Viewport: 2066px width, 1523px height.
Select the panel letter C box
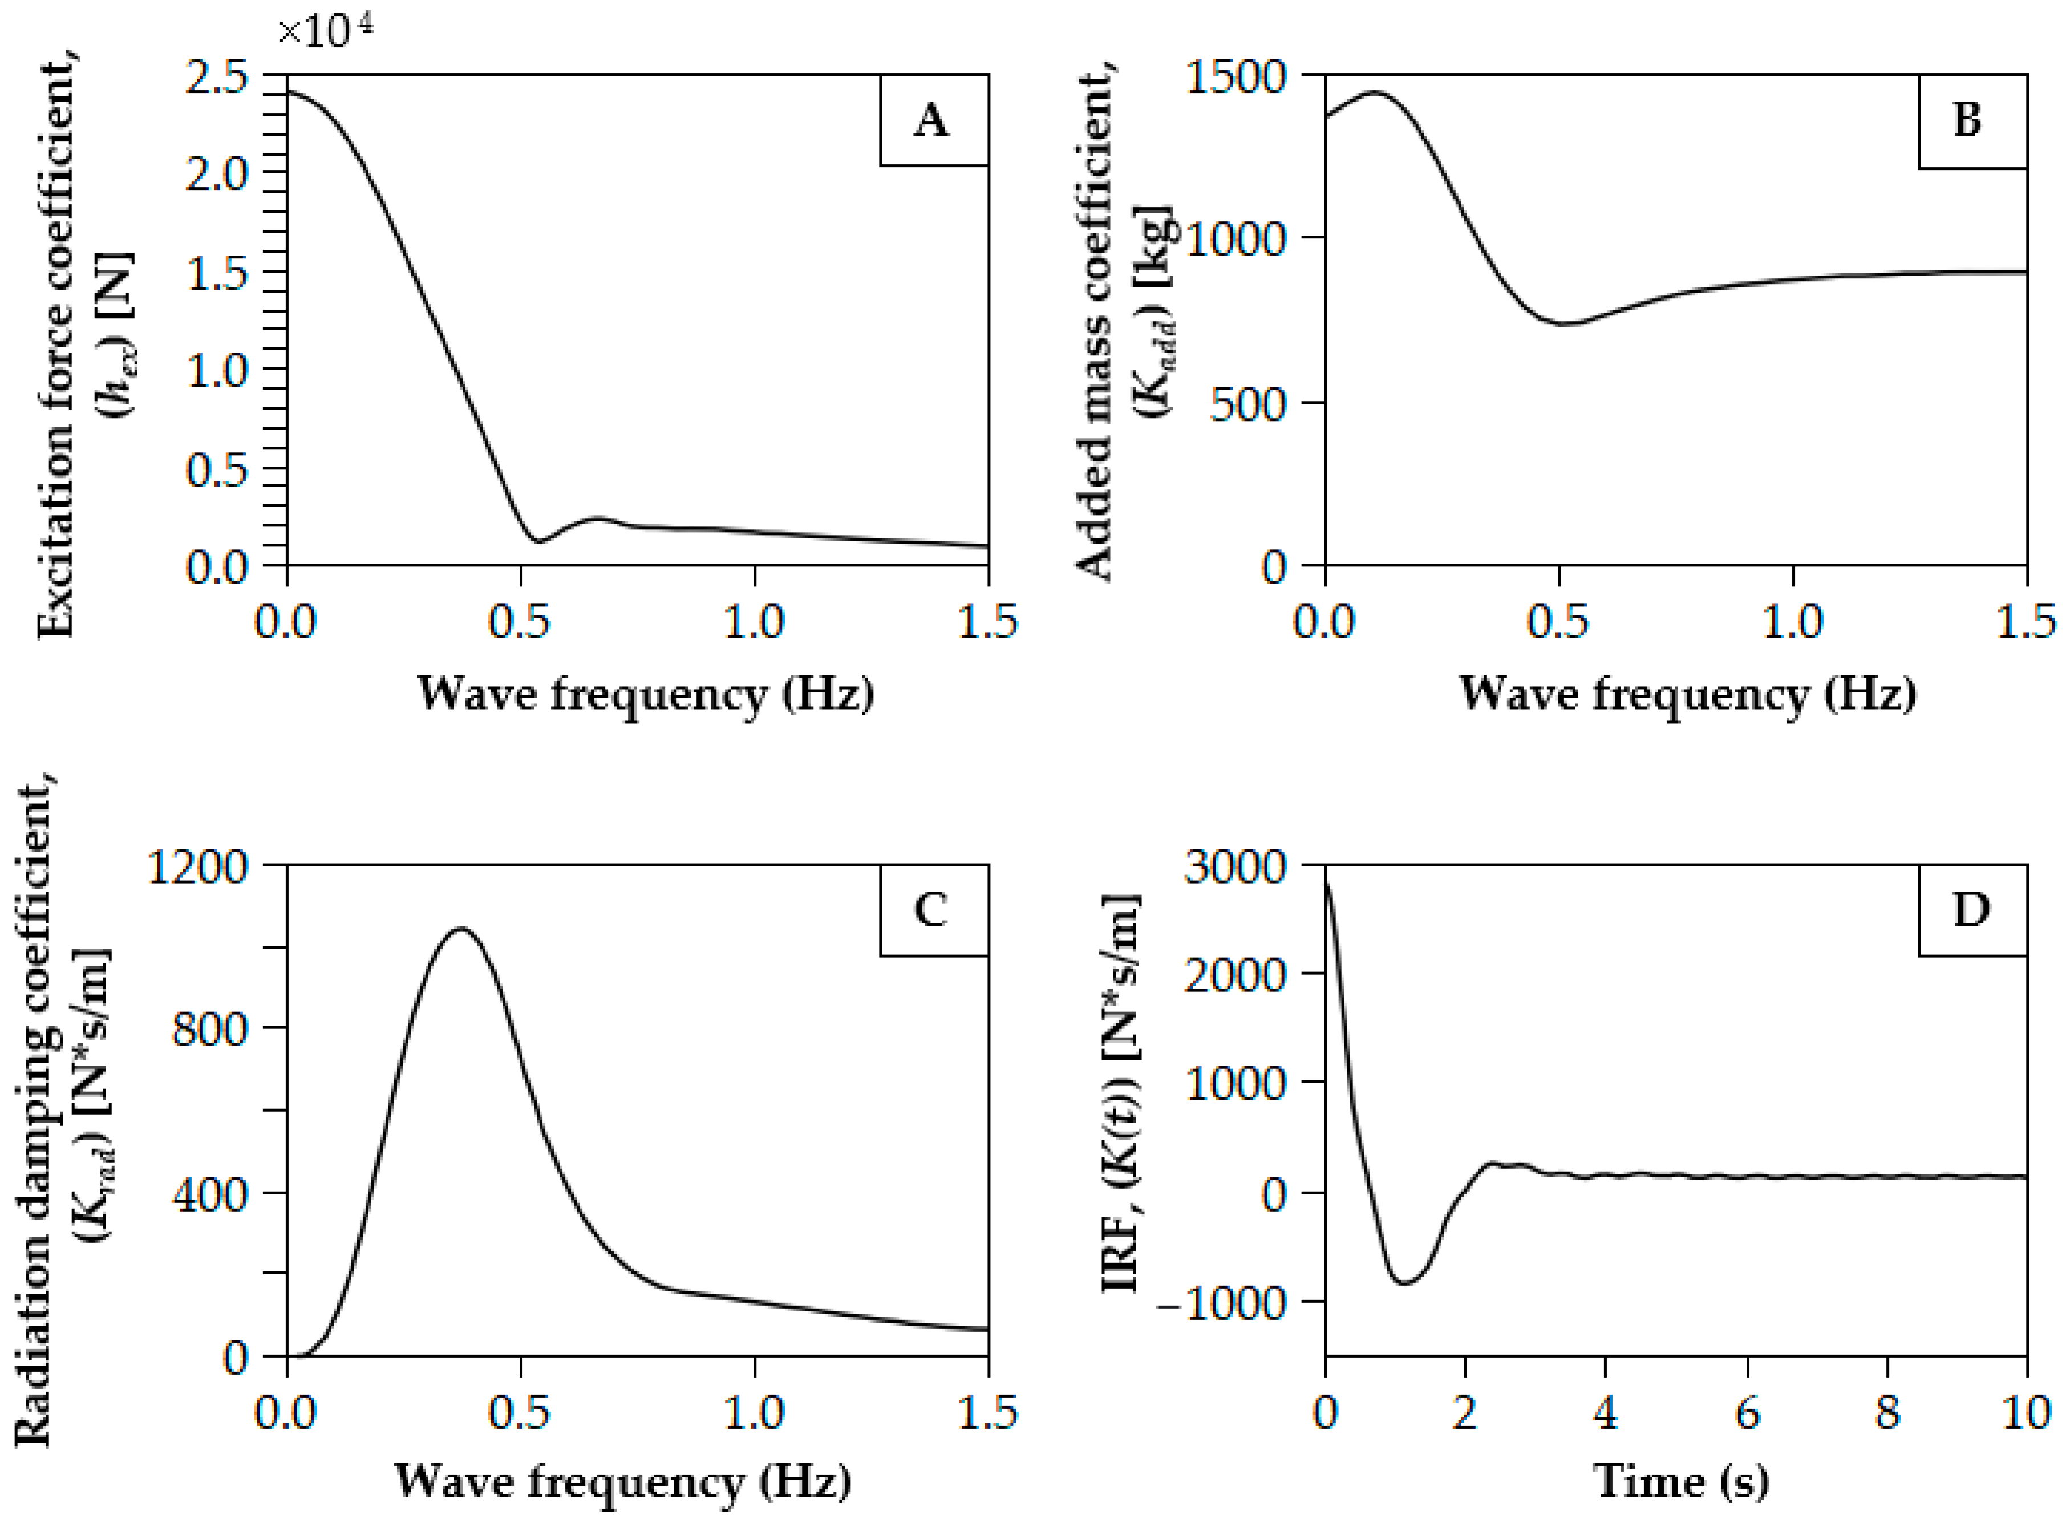(x=933, y=910)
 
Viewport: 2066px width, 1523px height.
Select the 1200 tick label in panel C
(x=198, y=866)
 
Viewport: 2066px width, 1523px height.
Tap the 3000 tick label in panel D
(x=1235, y=866)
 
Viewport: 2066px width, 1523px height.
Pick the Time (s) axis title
(x=1680, y=1481)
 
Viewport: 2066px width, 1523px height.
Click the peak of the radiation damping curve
(x=461, y=929)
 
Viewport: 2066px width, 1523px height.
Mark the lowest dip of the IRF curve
(x=1404, y=1282)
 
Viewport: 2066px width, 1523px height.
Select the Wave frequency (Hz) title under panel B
(x=1687, y=693)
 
